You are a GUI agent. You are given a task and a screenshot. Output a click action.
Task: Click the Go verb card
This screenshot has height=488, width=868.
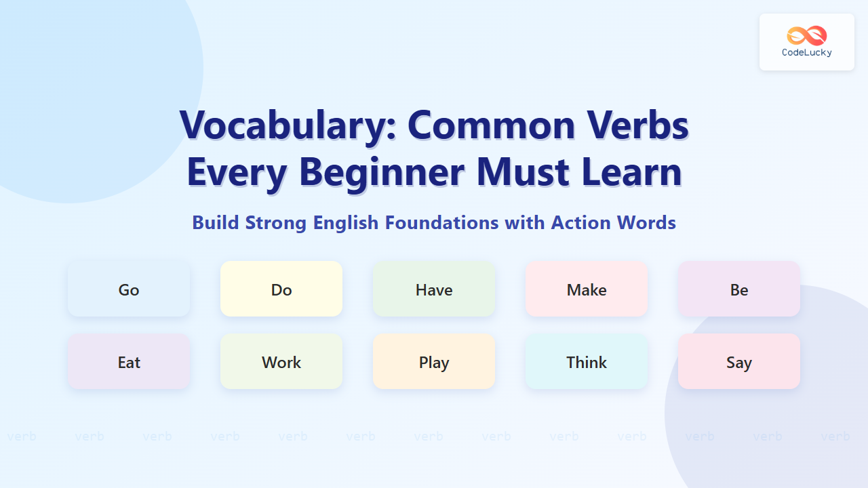point(129,289)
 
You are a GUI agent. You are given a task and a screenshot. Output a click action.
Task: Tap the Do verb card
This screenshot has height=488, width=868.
point(281,289)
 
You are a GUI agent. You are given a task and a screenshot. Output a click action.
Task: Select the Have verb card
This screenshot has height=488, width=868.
point(434,289)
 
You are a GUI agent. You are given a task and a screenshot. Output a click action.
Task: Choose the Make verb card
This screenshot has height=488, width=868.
point(587,289)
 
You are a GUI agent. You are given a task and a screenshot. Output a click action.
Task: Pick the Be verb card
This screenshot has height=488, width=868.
point(739,289)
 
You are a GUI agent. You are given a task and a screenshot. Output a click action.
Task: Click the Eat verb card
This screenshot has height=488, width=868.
point(129,361)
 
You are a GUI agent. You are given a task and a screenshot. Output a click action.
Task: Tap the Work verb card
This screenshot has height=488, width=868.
point(281,361)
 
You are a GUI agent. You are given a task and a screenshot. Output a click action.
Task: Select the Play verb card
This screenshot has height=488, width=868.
point(434,361)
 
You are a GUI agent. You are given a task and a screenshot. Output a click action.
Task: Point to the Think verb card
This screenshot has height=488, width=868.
point(587,361)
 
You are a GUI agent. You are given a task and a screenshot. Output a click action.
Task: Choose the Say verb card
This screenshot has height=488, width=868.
point(739,361)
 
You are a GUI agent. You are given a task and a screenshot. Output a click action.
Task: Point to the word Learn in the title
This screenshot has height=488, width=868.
point(631,171)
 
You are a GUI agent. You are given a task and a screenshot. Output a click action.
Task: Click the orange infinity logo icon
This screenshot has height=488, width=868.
point(807,36)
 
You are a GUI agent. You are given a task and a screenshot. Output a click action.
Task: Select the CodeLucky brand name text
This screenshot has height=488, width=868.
point(807,53)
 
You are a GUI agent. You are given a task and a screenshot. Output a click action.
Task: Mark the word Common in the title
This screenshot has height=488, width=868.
point(492,125)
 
